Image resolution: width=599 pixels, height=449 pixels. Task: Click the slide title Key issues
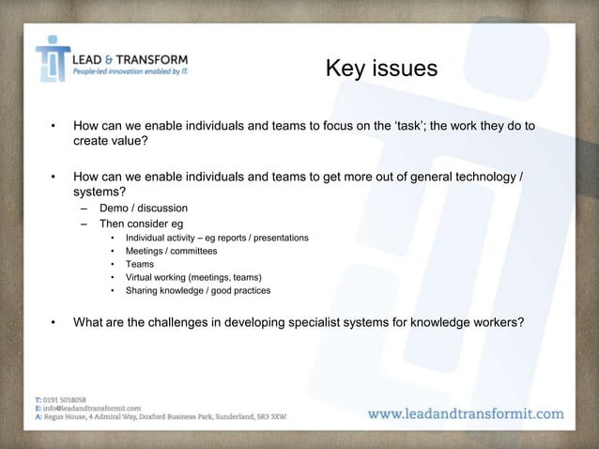[380, 69]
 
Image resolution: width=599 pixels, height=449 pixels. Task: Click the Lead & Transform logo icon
[52, 58]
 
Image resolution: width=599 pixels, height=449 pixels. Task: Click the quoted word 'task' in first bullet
[407, 123]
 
